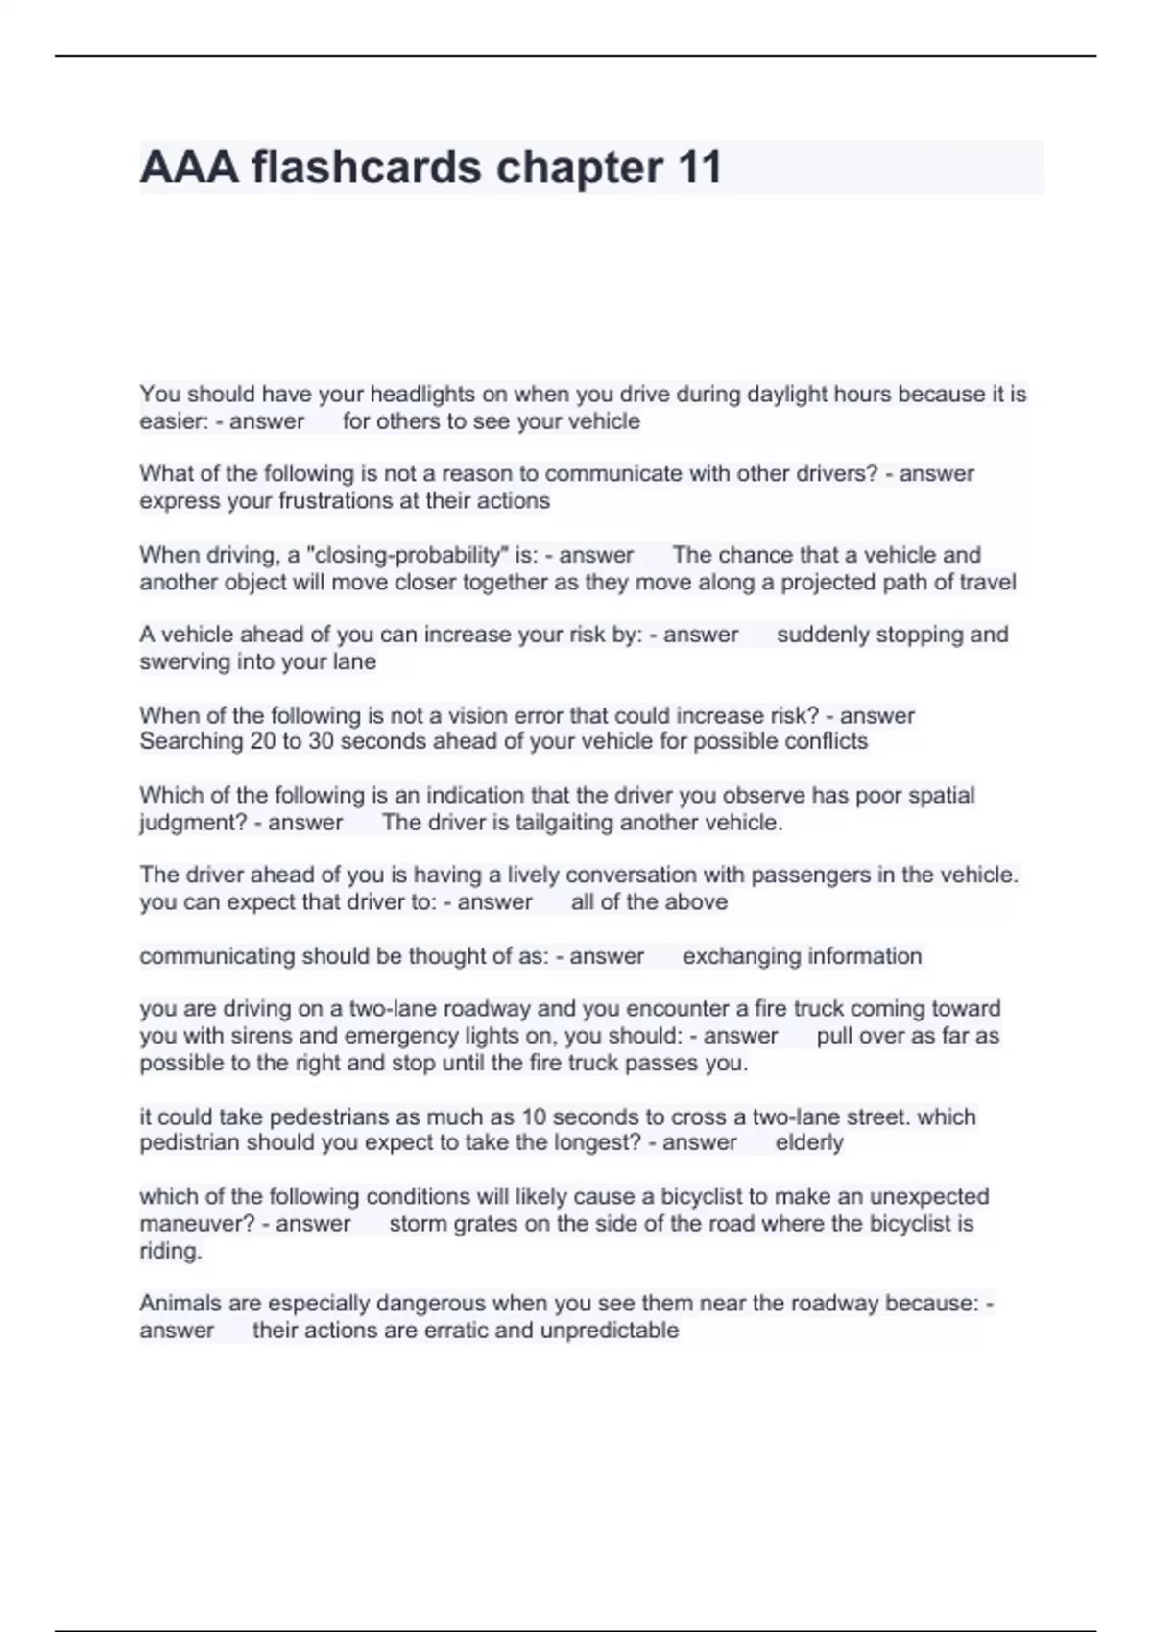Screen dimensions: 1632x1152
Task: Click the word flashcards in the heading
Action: (x=367, y=168)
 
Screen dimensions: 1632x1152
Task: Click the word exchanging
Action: (x=741, y=956)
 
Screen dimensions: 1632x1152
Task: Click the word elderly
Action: (x=809, y=1142)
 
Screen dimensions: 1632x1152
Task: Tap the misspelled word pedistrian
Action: (x=189, y=1142)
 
